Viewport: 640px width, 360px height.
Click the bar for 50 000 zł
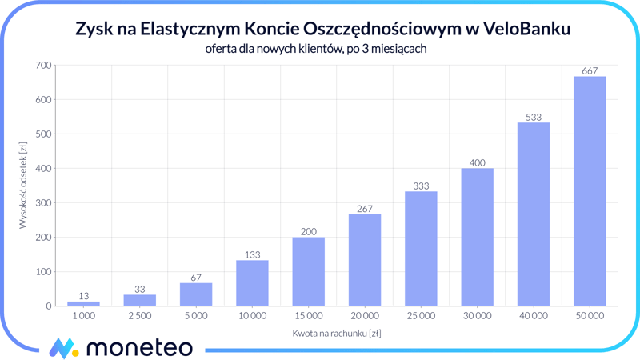tap(590, 191)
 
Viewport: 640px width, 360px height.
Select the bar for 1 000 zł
tap(83, 303)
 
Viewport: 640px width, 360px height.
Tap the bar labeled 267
tap(365, 260)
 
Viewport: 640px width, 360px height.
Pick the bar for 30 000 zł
tap(477, 237)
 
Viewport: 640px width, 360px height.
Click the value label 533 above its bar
tap(534, 117)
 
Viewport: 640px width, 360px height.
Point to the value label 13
tap(83, 296)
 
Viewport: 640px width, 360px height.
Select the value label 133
tap(252, 255)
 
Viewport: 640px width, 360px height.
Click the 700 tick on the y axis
tap(43, 66)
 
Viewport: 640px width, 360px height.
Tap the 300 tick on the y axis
tap(43, 203)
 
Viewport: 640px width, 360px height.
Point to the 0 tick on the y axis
tap(48, 306)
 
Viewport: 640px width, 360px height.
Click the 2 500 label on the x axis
tap(139, 316)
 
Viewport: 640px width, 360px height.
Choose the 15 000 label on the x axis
tap(308, 316)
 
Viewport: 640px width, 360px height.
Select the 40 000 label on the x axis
tap(534, 316)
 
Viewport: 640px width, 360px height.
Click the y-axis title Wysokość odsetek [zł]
tap(23, 186)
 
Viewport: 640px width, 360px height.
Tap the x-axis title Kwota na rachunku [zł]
tap(335, 333)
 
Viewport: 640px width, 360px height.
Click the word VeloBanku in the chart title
tap(528, 29)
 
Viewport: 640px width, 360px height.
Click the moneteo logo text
tap(139, 347)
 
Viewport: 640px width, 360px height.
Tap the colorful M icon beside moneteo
tap(63, 348)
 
